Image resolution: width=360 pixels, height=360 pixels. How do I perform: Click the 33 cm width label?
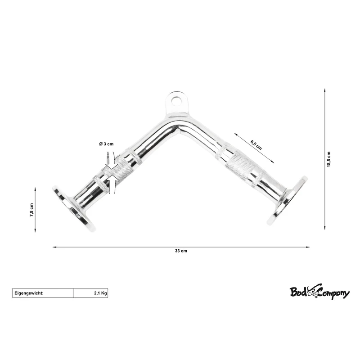coord(181,251)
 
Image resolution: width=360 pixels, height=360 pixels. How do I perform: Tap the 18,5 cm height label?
coord(329,159)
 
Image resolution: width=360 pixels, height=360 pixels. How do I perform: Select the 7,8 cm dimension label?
coord(31,210)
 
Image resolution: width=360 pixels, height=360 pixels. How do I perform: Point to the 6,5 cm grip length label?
coord(256,144)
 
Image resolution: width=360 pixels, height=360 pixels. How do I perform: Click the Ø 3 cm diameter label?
coord(106,144)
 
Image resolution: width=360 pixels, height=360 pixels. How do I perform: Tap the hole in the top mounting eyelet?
coord(176,101)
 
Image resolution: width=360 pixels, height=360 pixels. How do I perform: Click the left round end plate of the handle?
coord(73,208)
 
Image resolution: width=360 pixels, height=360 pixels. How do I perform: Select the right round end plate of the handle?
coord(287,200)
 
